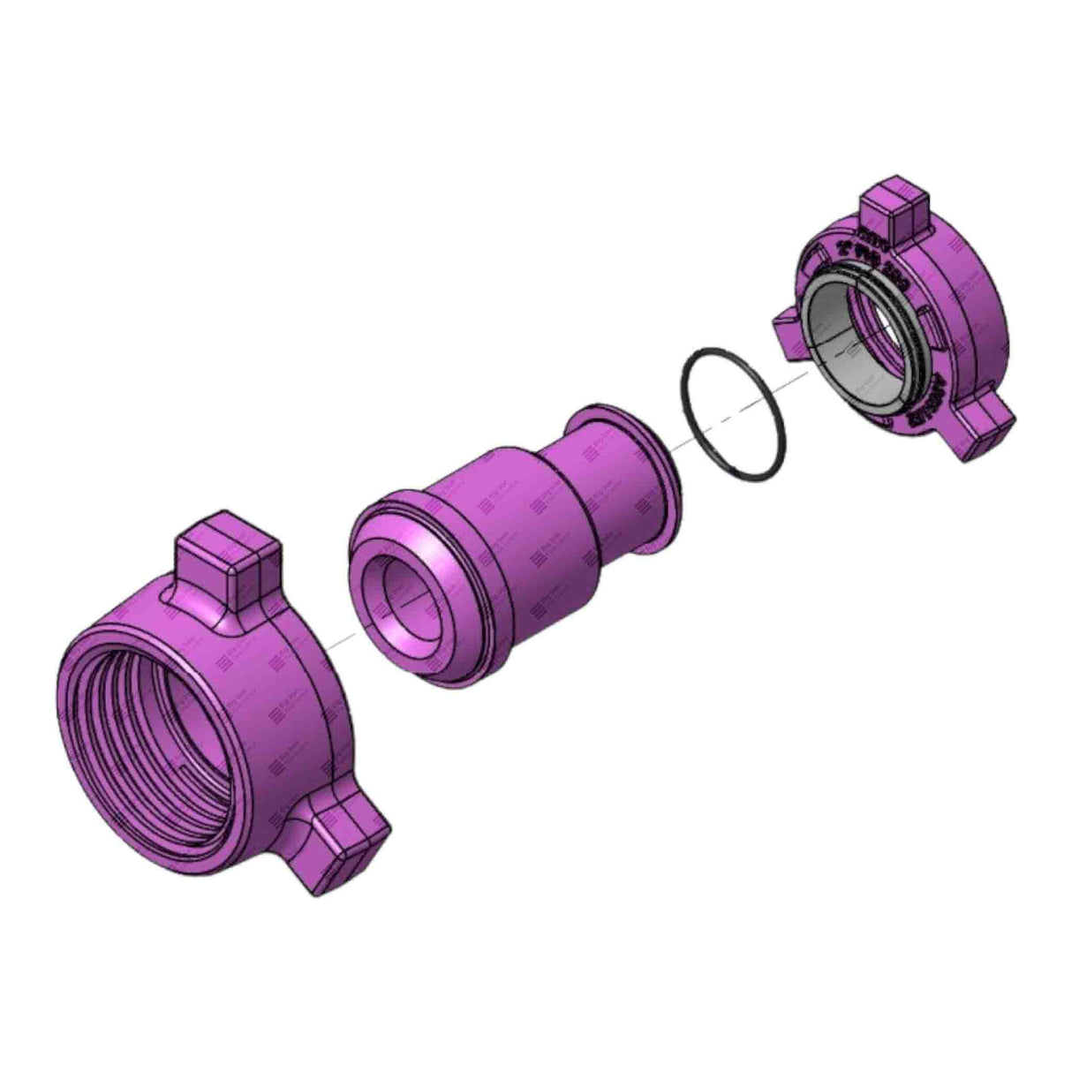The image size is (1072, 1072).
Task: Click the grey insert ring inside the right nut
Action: [x=834, y=353]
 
